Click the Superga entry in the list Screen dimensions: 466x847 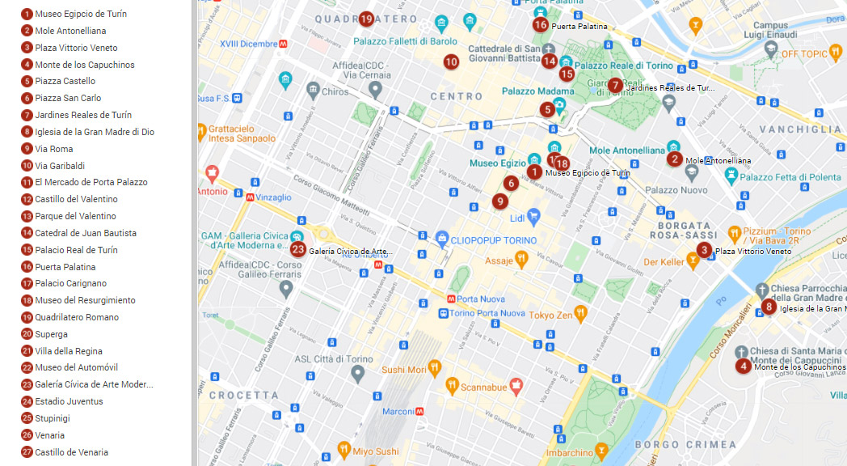point(51,334)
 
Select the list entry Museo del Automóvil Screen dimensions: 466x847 point(76,367)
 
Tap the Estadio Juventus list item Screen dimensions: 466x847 point(69,401)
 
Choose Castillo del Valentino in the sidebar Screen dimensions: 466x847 point(76,199)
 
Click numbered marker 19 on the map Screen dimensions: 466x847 point(366,19)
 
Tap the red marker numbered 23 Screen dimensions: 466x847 point(298,249)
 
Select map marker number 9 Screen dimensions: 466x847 point(500,201)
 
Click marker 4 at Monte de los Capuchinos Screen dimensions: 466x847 point(743,366)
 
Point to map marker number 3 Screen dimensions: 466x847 point(705,250)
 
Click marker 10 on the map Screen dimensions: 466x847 point(451,61)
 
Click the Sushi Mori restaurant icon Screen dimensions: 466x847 point(434,369)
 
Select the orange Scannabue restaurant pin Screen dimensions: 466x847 point(452,386)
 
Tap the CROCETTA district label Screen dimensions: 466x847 point(243,395)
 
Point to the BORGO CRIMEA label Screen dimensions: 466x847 point(685,444)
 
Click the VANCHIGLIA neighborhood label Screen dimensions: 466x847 point(804,129)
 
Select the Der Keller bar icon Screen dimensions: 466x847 point(693,261)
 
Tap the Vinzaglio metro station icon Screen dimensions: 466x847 point(251,197)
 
